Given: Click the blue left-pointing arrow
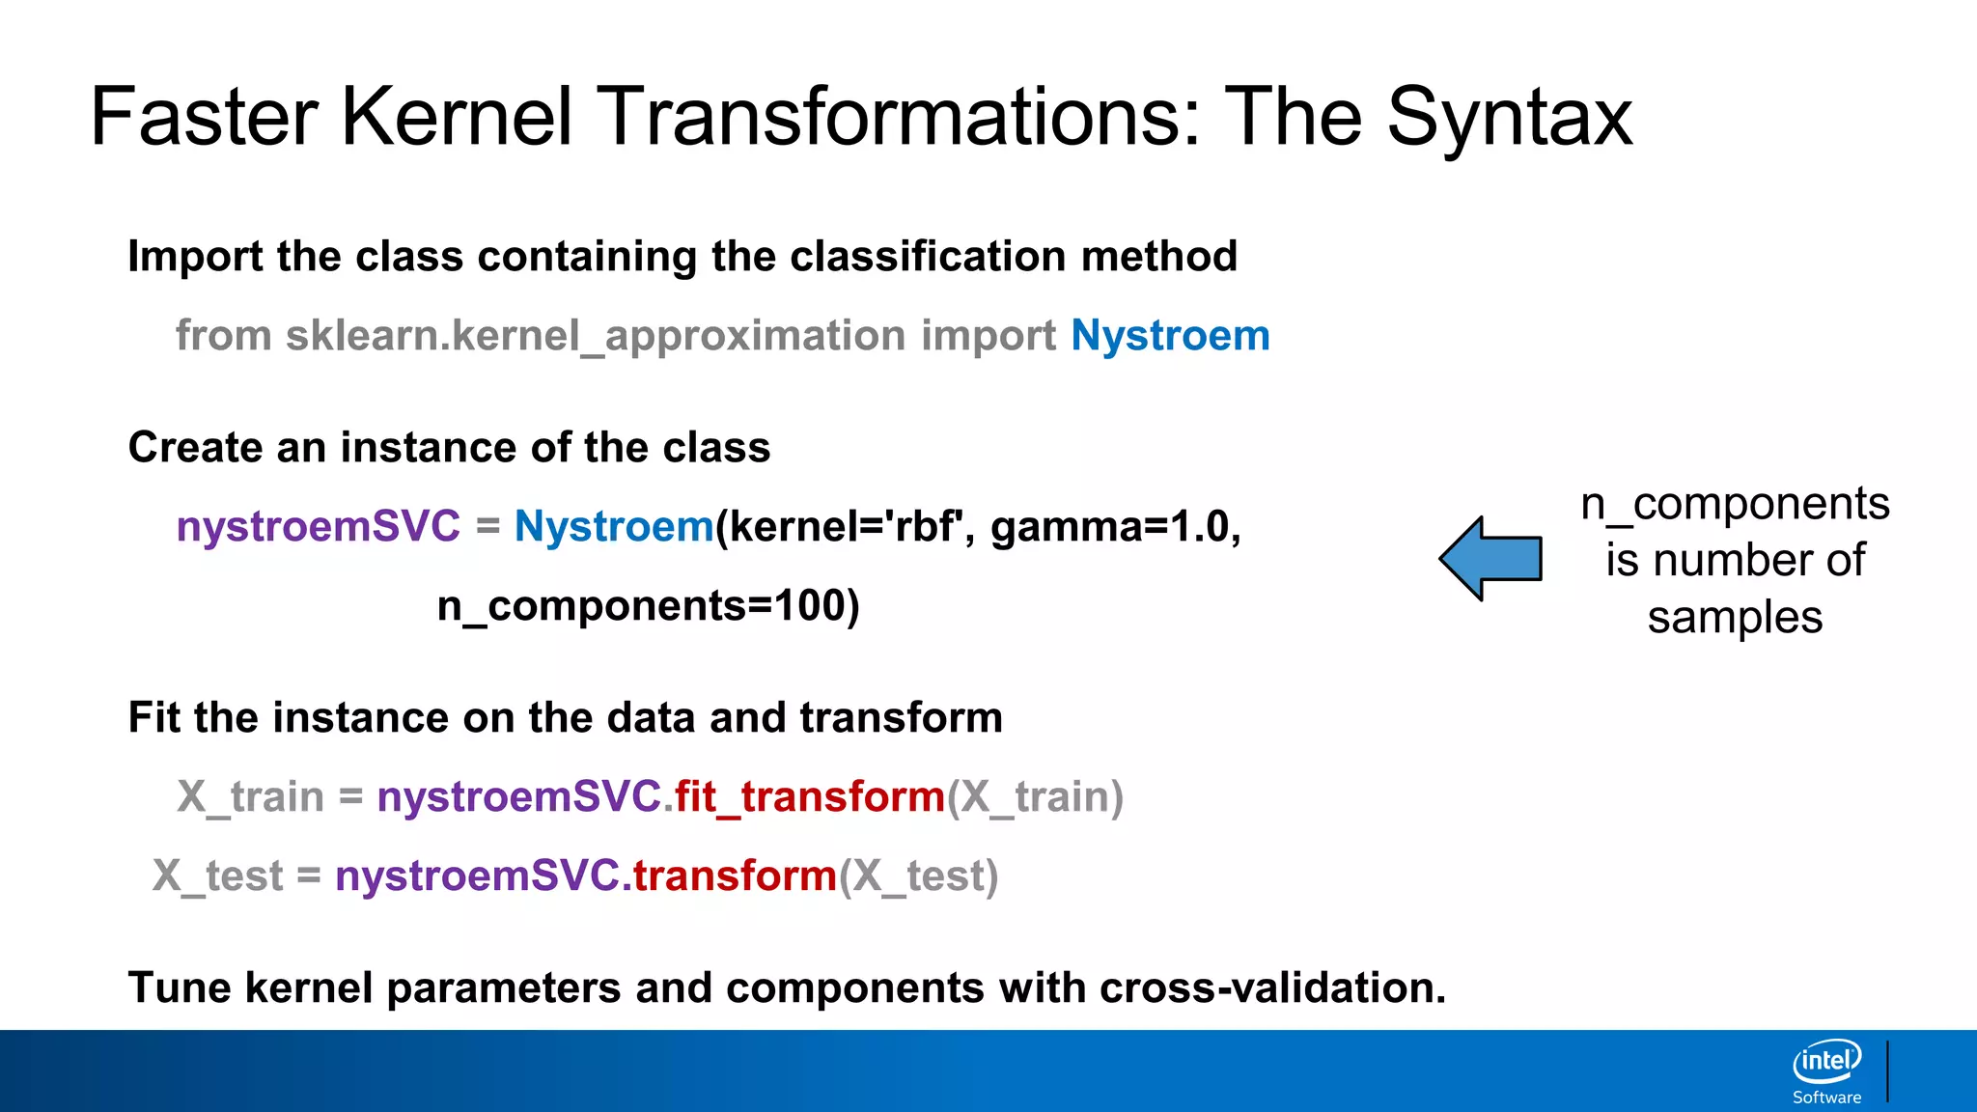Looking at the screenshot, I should pos(1491,559).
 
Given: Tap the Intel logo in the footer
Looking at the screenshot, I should pos(1826,1062).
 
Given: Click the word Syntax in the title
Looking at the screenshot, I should pos(1510,118).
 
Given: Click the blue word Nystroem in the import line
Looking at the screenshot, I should pos(1170,336).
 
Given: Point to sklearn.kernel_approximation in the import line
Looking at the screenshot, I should pos(595,336).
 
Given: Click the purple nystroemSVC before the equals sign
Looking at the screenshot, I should pos(319,527).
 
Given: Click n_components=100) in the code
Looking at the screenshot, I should pos(648,606).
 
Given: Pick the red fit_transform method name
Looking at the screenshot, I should pos(809,797).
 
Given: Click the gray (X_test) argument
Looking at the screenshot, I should pos(918,876).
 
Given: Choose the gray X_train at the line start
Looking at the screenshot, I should pos(250,797).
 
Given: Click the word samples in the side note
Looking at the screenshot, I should pos(1735,618).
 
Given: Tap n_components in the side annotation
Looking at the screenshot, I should pos(1735,504).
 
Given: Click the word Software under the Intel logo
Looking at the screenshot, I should pos(1826,1098).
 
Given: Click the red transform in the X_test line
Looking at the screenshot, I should pos(735,876).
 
